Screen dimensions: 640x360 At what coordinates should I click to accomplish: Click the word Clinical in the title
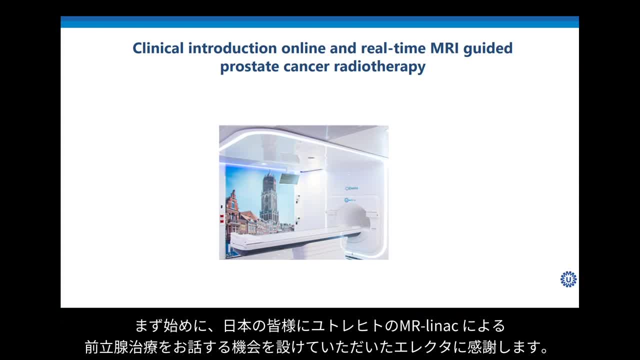[158, 48]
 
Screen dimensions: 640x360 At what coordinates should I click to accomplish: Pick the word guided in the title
[488, 48]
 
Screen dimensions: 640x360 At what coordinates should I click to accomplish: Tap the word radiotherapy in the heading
[379, 67]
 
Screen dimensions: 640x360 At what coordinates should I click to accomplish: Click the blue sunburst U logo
[568, 279]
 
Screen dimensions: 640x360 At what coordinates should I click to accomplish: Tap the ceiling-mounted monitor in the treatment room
[289, 179]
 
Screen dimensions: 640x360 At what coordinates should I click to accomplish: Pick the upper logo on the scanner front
[351, 188]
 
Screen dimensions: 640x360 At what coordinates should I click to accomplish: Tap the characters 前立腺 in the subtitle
[106, 347]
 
